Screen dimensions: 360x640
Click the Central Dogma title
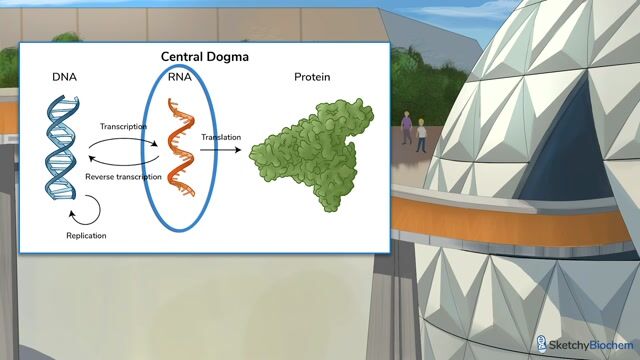205,57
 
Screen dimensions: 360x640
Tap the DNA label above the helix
65,77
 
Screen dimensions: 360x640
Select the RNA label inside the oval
179,77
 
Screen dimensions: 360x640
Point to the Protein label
313,77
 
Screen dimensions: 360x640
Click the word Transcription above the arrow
124,127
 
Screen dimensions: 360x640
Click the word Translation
221,137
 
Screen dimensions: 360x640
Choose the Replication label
86,236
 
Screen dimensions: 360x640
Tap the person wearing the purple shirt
406,128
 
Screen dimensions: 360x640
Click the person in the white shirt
421,134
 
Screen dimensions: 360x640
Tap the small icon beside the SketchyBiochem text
543,343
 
